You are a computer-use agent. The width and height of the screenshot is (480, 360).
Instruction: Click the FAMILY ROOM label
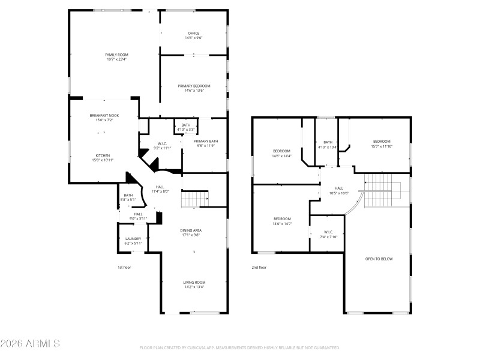[x=116, y=55]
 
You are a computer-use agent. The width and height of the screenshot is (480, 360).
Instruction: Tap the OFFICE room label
[x=193, y=33]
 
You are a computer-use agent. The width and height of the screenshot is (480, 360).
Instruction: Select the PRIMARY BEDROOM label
[x=193, y=86]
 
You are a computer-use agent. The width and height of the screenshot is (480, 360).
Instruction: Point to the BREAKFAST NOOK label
[x=104, y=115]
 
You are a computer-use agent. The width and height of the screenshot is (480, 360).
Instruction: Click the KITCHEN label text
[x=101, y=155]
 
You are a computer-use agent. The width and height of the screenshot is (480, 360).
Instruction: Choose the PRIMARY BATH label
[x=206, y=141]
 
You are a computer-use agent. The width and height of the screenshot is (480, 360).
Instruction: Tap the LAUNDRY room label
[x=133, y=238]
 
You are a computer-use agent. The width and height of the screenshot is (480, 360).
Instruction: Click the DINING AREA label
[x=191, y=230]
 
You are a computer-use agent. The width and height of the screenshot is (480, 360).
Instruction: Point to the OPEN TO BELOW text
[x=379, y=259]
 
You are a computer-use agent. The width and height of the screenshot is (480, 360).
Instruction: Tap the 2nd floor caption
[x=259, y=268]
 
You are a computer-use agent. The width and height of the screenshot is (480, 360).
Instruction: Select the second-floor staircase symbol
[x=379, y=191]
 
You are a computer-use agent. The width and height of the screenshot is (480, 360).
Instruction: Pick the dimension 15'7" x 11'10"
[x=382, y=146]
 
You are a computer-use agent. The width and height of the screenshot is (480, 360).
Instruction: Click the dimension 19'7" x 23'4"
[x=116, y=59]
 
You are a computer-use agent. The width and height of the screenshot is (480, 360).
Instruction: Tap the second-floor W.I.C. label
[x=328, y=232]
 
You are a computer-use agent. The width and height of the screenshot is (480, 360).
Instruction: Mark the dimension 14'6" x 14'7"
[x=282, y=223]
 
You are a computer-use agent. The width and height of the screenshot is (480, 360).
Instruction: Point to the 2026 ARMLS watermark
[x=30, y=344]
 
